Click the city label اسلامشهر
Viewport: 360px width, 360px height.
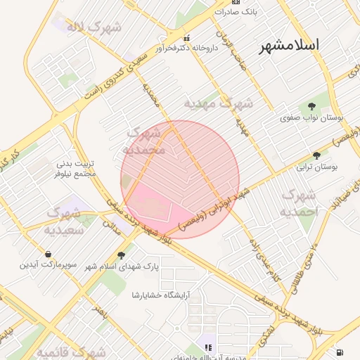click(289, 45)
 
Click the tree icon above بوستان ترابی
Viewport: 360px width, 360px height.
click(316, 155)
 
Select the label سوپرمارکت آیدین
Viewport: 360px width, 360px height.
click(47, 265)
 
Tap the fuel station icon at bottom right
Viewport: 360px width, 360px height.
click(341, 352)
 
